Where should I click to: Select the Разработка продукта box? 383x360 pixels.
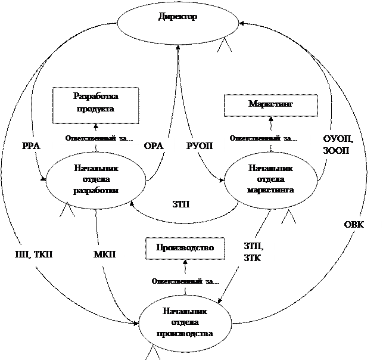click(96, 105)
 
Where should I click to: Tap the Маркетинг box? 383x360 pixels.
click(270, 105)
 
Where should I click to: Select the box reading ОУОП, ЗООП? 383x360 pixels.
click(338, 145)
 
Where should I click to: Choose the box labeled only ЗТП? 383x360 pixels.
click(185, 206)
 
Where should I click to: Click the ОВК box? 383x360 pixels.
click(359, 225)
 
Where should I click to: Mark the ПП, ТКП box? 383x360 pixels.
click(34, 255)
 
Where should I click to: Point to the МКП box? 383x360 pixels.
click(106, 255)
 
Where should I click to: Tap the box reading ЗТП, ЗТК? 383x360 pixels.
click(257, 255)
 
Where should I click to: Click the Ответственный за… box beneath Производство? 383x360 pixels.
click(185, 280)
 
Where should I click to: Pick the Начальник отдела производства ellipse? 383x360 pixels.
click(185, 322)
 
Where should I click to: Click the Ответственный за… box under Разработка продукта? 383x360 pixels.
click(102, 138)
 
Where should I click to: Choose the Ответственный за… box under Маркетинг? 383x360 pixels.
click(266, 138)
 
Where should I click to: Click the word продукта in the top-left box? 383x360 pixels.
click(95, 110)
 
